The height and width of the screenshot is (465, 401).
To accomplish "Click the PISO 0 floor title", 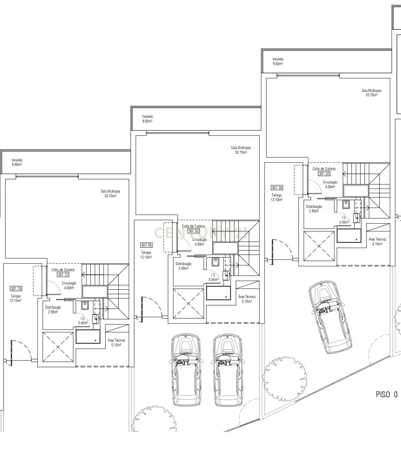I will (387, 395).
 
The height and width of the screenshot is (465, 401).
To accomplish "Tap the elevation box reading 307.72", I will (63, 274).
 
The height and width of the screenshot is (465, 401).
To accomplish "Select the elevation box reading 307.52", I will (194, 231).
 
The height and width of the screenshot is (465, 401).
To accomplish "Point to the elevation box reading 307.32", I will (324, 174).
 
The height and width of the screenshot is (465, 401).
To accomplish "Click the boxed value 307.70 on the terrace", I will (16, 289).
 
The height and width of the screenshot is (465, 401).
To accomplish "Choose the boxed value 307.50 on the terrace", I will (146, 245).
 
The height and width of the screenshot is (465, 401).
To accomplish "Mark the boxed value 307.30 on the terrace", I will (277, 188).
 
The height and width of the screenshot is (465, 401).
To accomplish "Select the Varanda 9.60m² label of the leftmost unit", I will (17, 162).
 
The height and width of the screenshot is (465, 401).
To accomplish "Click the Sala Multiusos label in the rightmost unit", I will (371, 93).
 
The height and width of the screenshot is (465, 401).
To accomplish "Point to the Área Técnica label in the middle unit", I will (247, 299).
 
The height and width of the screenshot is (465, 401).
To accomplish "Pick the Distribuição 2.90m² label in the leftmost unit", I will (53, 310).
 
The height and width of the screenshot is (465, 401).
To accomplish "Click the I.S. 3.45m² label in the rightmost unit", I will (344, 220).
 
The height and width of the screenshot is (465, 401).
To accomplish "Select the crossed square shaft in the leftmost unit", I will (58, 347).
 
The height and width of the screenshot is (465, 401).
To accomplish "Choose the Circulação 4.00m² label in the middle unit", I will (199, 242).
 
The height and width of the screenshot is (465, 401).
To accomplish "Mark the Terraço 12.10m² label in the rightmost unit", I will (277, 197).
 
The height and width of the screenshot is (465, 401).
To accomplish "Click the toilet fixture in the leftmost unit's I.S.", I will (85, 304).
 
